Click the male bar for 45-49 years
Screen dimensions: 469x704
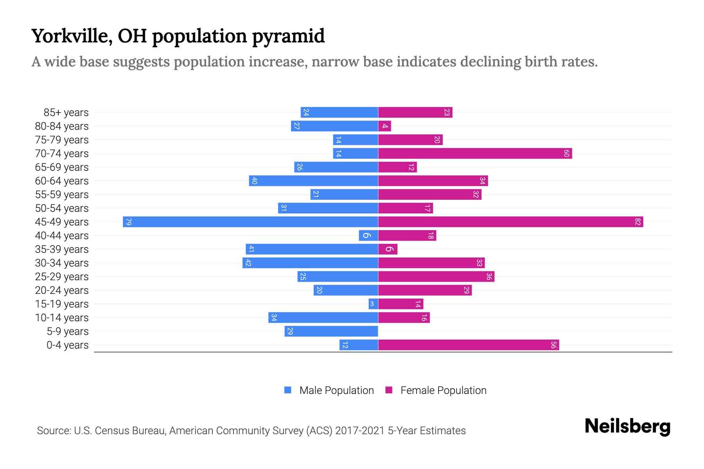coord(250,222)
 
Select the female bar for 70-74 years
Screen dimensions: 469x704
coord(475,153)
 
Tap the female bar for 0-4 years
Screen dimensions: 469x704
coord(469,345)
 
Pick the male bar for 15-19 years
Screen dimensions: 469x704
coord(373,304)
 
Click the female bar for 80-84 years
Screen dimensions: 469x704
coord(384,126)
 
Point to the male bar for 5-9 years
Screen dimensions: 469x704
coord(331,331)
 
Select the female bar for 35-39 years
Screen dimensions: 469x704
coord(388,249)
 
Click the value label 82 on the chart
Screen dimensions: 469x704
coord(638,222)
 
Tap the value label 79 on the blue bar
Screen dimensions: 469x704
coord(128,222)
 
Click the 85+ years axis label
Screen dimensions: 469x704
coord(66,113)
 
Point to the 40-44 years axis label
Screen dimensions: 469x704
coord(62,236)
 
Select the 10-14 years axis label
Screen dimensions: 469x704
coord(62,318)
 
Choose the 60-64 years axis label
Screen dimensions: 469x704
coord(62,181)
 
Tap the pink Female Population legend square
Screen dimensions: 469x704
coord(389,390)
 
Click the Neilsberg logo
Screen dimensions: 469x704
coord(627,426)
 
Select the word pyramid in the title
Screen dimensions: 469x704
coord(288,36)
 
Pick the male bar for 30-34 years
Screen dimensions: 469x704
coord(310,263)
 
